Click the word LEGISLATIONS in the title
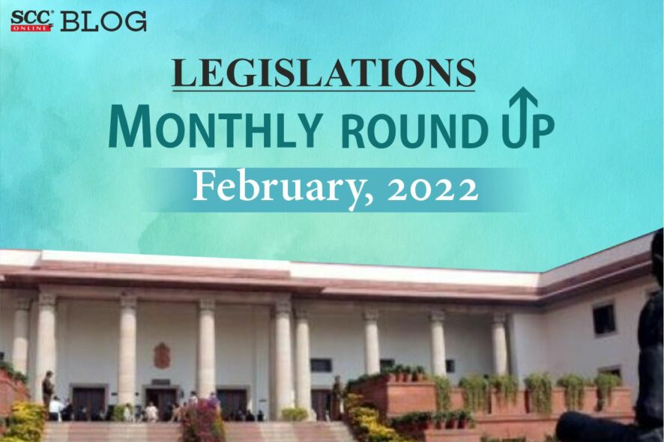324,73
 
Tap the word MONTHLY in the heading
214,127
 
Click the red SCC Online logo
31,21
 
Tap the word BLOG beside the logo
103,21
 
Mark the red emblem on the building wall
162,355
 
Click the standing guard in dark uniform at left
48,388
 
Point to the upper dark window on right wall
604,319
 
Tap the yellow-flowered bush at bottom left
26,421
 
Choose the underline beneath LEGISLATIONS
324,90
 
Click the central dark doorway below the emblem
161,403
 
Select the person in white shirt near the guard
55,409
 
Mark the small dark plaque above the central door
160,382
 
